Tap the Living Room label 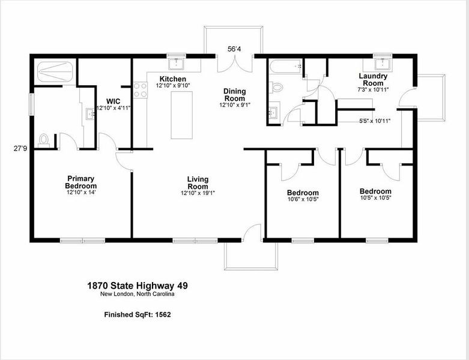(x=198, y=182)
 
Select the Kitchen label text (x=172, y=79)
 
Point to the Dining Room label (x=234, y=94)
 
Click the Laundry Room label (x=373, y=79)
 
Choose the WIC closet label (x=113, y=101)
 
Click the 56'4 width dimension (x=235, y=49)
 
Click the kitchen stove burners (x=140, y=90)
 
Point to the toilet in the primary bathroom (x=43, y=140)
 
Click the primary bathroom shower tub (x=55, y=73)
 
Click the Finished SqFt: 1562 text (x=138, y=314)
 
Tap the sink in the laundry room (x=382, y=62)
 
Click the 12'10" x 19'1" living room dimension (x=198, y=193)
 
